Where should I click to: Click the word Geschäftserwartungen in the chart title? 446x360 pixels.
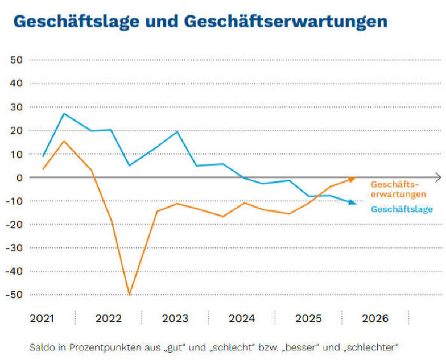(x=284, y=21)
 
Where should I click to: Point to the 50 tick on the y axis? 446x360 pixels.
(x=16, y=60)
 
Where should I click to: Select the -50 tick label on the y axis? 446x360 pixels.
(x=14, y=294)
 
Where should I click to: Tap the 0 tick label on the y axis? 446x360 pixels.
(x=20, y=177)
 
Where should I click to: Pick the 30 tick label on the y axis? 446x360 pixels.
(x=16, y=107)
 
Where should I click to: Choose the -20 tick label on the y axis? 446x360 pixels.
(x=14, y=224)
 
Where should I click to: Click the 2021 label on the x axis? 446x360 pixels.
(x=41, y=318)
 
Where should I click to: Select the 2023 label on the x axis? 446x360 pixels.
(x=175, y=318)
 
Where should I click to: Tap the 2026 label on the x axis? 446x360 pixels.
(x=375, y=318)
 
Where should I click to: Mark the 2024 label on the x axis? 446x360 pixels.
(x=241, y=318)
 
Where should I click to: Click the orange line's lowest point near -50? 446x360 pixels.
(x=129, y=294)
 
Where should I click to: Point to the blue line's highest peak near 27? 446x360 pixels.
(x=64, y=113)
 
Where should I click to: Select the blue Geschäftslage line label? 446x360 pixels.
(x=401, y=208)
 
